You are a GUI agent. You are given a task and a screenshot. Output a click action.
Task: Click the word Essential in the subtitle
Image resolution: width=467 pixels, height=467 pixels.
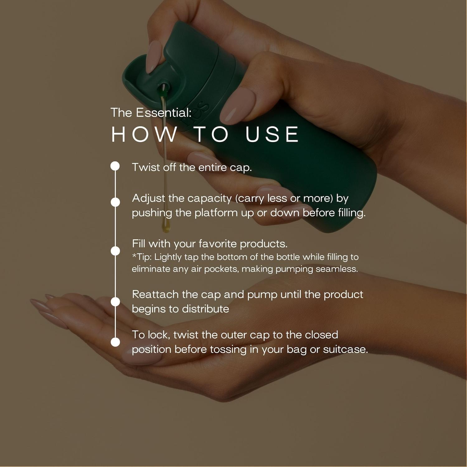[164, 113]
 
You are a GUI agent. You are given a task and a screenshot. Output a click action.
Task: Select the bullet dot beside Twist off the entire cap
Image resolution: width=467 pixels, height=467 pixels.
[115, 166]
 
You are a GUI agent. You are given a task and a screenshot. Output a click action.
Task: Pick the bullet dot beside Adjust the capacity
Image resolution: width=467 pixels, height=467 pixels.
[115, 202]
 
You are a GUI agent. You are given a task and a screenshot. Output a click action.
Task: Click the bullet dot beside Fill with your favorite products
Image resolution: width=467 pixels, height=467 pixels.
[115, 251]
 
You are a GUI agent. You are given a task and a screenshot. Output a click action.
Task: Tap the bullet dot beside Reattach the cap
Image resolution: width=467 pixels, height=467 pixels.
[115, 302]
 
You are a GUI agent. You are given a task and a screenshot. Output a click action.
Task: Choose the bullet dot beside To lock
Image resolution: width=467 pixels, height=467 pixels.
[115, 342]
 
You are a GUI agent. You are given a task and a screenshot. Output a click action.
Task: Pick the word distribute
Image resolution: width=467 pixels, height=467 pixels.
[205, 309]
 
